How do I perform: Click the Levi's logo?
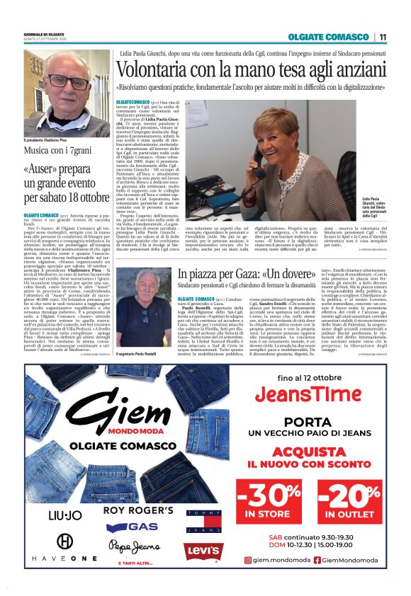click(205, 551)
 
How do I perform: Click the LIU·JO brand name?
click(64, 514)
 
